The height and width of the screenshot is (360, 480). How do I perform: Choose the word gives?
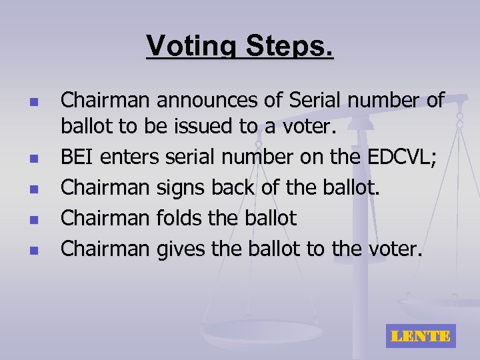click(x=177, y=249)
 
